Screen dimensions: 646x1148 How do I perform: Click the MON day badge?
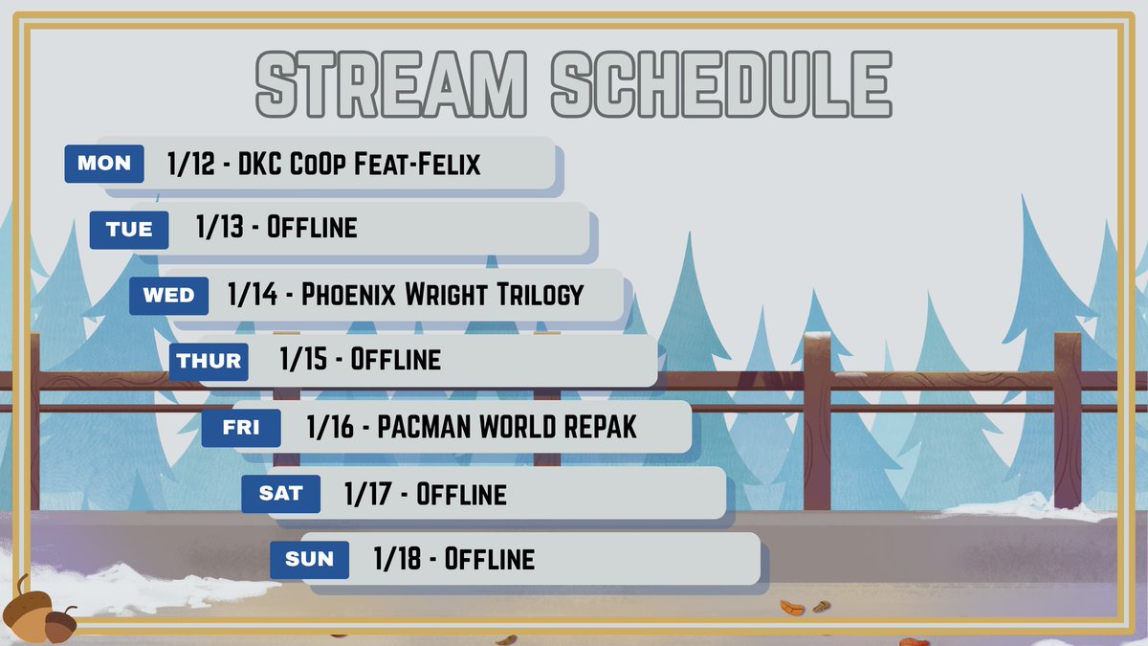tap(103, 164)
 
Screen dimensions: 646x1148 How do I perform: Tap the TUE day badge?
tap(129, 230)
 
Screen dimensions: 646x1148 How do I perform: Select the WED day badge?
tap(168, 296)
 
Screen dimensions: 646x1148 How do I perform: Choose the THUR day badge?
tap(209, 362)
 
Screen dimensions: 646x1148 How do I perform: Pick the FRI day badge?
tap(241, 428)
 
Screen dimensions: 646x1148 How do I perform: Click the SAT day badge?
tap(280, 494)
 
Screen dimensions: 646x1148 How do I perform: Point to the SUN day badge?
tap(309, 559)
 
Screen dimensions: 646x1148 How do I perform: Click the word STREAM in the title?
tap(390, 84)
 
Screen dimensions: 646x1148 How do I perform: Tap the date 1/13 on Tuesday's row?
tap(219, 229)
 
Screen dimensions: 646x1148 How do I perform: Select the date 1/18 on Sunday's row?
tap(396, 559)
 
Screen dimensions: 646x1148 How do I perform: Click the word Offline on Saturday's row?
tap(461, 494)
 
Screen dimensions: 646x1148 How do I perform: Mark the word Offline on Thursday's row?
tap(396, 361)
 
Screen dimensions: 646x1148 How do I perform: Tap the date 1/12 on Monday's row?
tap(189, 165)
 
